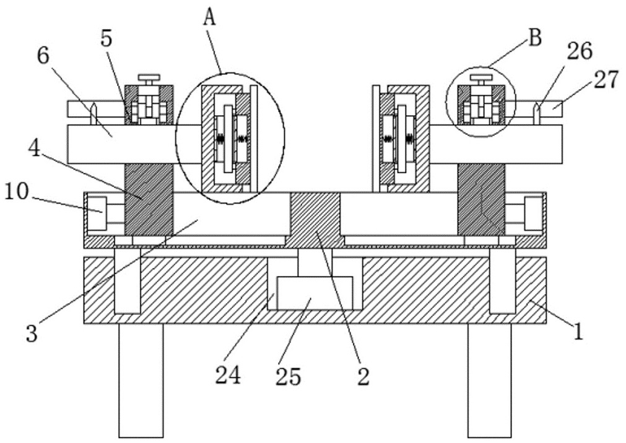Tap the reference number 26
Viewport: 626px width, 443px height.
click(579, 52)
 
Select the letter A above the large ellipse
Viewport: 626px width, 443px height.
click(210, 17)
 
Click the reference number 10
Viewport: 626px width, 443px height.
click(17, 192)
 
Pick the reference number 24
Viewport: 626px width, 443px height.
click(228, 375)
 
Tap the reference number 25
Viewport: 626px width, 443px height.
click(288, 376)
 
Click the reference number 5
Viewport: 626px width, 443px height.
click(107, 38)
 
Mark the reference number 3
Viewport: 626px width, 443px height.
click(32, 333)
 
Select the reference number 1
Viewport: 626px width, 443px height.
click(578, 332)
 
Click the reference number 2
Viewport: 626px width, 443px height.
click(363, 376)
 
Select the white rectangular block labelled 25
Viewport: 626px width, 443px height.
click(315, 293)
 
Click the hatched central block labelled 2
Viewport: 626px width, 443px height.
click(315, 218)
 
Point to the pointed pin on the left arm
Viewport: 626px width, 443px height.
click(93, 114)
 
